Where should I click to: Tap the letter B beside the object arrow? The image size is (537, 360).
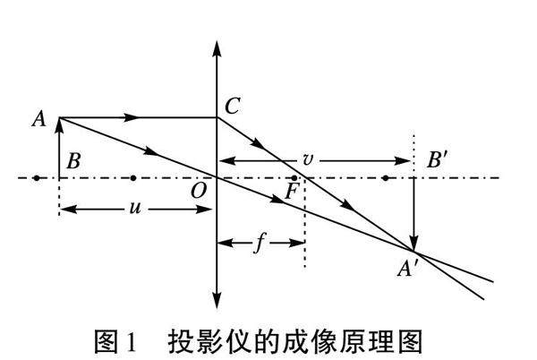74,161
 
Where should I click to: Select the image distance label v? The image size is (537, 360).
308,161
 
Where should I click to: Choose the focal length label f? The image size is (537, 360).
260,243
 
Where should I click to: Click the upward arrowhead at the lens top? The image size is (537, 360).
217,46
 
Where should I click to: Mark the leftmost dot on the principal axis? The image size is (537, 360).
36,177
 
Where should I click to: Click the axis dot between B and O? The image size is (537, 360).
133,177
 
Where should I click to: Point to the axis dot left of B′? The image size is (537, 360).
385,177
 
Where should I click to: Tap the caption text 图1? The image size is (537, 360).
115,340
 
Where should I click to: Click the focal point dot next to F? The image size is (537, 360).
295,178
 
